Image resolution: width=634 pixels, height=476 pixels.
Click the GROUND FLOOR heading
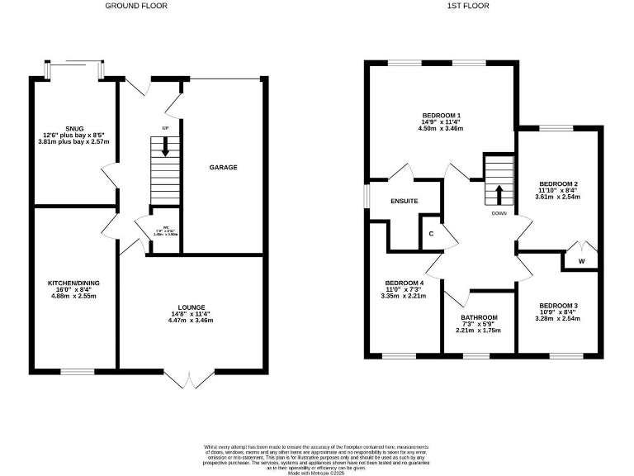click(136, 6)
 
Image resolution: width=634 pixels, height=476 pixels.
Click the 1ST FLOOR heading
click(468, 6)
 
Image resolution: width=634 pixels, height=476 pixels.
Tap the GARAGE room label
click(223, 168)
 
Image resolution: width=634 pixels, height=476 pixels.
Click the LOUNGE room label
click(190, 307)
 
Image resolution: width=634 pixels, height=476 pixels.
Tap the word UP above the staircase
click(165, 129)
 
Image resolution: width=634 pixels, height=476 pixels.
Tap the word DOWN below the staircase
click(499, 212)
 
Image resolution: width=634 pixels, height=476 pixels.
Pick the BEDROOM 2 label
click(558, 183)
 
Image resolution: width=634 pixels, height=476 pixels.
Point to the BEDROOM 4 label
click(403, 283)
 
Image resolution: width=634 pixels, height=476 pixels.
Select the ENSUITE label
click(405, 201)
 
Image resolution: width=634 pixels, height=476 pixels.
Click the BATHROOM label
click(479, 318)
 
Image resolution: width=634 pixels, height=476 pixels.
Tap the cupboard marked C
click(432, 232)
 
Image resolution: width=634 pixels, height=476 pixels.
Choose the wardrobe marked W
click(581, 262)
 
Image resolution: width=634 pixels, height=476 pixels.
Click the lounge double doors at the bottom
click(190, 378)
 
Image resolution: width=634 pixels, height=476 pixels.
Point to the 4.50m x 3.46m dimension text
click(440, 129)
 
